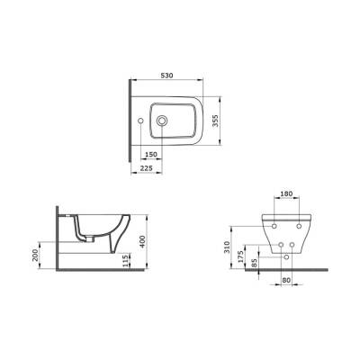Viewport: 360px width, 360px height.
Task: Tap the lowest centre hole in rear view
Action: pyautogui.click(x=286, y=256)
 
